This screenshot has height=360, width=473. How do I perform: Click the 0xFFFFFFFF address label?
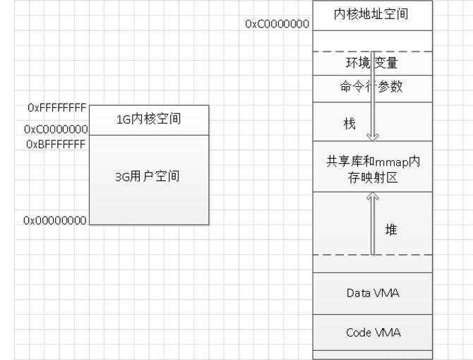point(56,107)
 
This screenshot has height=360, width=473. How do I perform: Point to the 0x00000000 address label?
point(55,221)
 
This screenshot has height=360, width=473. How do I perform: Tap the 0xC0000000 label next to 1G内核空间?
point(55,129)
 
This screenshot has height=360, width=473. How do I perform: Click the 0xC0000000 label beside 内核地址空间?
point(277,24)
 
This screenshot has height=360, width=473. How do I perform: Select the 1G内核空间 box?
point(150,119)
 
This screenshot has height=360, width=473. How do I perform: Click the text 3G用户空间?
point(148,176)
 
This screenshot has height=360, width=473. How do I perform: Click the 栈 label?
point(349,124)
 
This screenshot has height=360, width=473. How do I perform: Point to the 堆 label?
point(390,229)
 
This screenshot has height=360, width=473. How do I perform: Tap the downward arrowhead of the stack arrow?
point(372,136)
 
